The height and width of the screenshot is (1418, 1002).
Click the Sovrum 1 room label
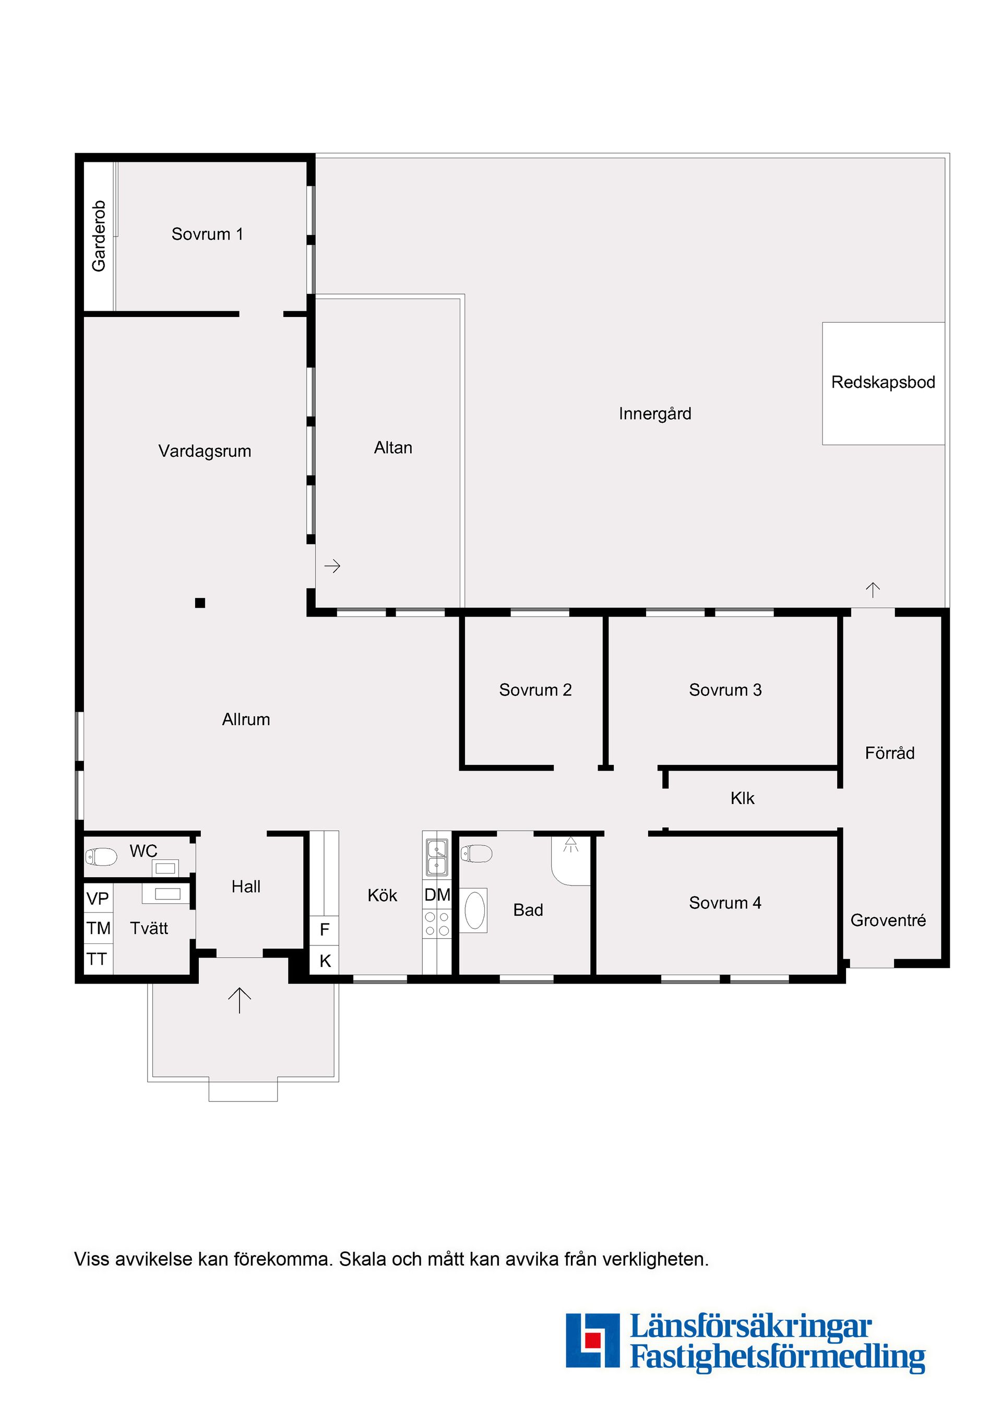pyautogui.click(x=207, y=234)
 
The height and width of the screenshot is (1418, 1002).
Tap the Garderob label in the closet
pyautogui.click(x=99, y=236)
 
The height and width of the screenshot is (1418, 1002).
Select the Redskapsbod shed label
pyautogui.click(x=883, y=382)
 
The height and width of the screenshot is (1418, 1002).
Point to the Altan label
pyautogui.click(x=393, y=448)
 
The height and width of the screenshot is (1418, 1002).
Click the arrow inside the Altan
pyautogui.click(x=332, y=566)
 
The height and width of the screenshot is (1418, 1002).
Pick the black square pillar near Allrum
pyautogui.click(x=200, y=603)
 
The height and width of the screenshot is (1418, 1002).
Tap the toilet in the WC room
pyautogui.click(x=101, y=857)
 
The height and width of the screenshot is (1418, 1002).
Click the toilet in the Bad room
pyautogui.click(x=476, y=854)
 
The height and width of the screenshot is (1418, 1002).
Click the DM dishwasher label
pyautogui.click(x=437, y=895)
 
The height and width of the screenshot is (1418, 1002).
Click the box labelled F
pyautogui.click(x=324, y=930)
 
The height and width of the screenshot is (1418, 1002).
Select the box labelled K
pyautogui.click(x=324, y=960)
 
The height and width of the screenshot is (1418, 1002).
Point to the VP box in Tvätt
pyautogui.click(x=98, y=899)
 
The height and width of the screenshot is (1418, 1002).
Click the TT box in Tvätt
pyautogui.click(x=98, y=959)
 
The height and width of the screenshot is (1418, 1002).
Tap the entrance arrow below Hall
pyautogui.click(x=240, y=1000)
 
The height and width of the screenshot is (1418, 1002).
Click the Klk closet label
pyautogui.click(x=742, y=799)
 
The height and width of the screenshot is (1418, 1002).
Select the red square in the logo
pyautogui.click(x=593, y=1340)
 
